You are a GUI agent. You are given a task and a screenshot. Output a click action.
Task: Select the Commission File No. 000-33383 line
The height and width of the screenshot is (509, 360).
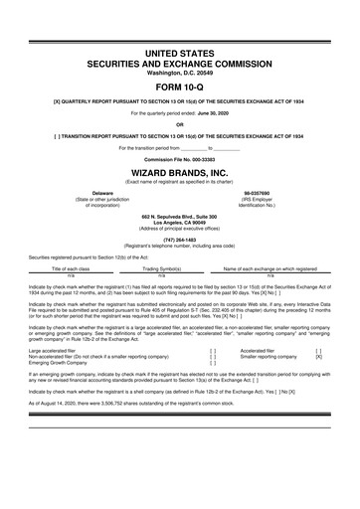(180, 159)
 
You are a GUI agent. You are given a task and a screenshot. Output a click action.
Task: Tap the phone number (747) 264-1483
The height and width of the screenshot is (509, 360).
(180, 239)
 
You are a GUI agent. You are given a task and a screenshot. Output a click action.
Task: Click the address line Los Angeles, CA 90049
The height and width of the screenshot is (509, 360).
(180, 221)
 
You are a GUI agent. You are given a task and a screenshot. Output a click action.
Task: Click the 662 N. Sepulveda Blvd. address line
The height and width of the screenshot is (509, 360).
(180, 215)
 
